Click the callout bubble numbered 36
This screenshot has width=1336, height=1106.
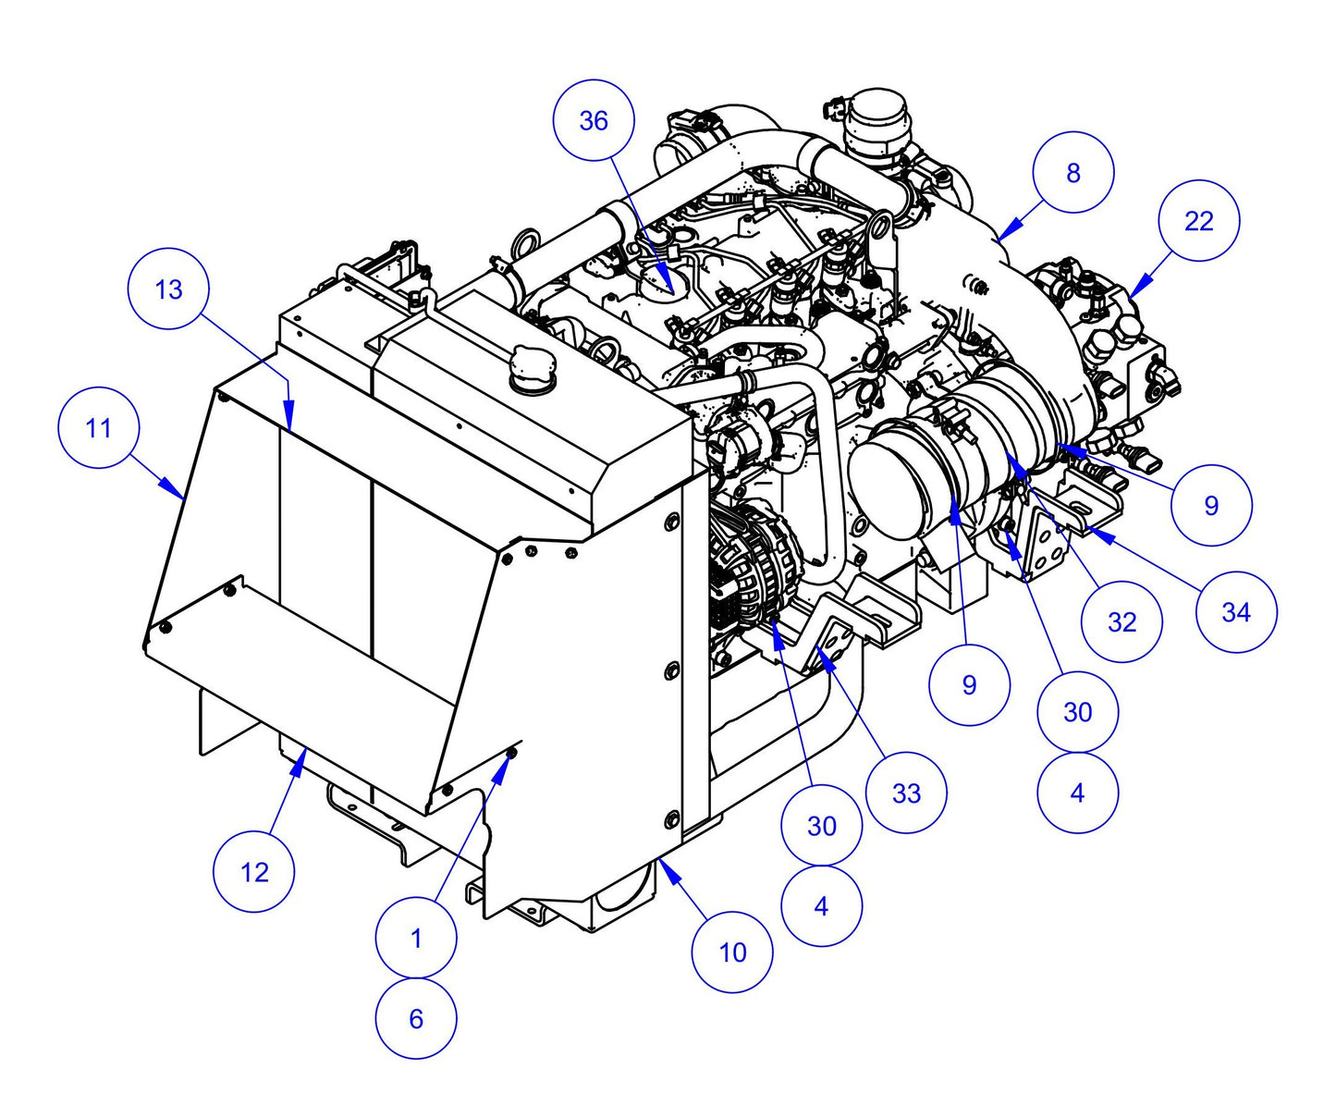(594, 120)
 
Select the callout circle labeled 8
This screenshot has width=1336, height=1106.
(1072, 173)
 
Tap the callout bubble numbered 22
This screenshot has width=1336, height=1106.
(1198, 222)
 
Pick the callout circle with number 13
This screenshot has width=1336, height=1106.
(169, 289)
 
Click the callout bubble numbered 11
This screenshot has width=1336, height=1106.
(98, 428)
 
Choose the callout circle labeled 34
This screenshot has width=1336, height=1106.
(1235, 611)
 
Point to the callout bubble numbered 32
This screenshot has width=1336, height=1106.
(1122, 621)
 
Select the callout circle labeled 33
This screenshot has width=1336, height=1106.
(906, 793)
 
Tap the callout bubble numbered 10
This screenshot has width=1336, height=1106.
(732, 952)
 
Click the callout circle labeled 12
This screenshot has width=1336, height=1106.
(254, 871)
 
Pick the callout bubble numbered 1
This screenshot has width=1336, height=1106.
(416, 938)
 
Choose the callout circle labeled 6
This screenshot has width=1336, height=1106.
(416, 1018)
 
